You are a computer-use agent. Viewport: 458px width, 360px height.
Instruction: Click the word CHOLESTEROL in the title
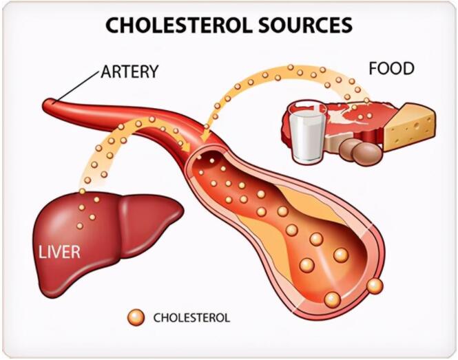[178, 25]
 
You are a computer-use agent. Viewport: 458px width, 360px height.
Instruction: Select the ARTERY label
[129, 71]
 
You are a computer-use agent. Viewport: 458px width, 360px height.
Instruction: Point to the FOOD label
[391, 68]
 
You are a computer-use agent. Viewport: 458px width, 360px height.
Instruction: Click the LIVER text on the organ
[60, 252]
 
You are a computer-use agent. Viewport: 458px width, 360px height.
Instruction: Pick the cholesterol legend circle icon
[136, 317]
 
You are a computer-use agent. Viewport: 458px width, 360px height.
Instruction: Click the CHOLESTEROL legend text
[191, 317]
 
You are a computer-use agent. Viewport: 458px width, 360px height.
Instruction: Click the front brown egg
[367, 154]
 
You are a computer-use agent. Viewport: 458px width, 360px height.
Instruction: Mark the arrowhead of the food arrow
[205, 136]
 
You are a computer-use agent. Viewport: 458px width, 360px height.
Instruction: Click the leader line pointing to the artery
[77, 86]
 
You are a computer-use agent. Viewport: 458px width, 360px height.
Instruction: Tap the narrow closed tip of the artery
[48, 104]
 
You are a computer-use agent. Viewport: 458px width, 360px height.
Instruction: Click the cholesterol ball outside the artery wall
[375, 286]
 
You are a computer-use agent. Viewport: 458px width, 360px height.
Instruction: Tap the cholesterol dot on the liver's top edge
[83, 191]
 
